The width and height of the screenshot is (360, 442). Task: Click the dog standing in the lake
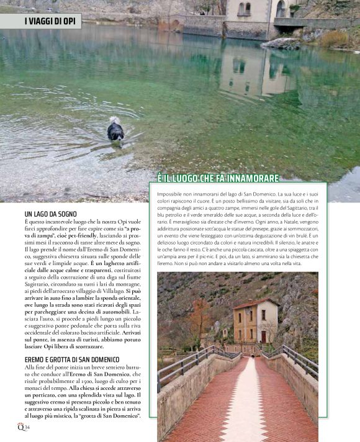click(115, 130)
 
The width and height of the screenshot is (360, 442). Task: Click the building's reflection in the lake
click(248, 71)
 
